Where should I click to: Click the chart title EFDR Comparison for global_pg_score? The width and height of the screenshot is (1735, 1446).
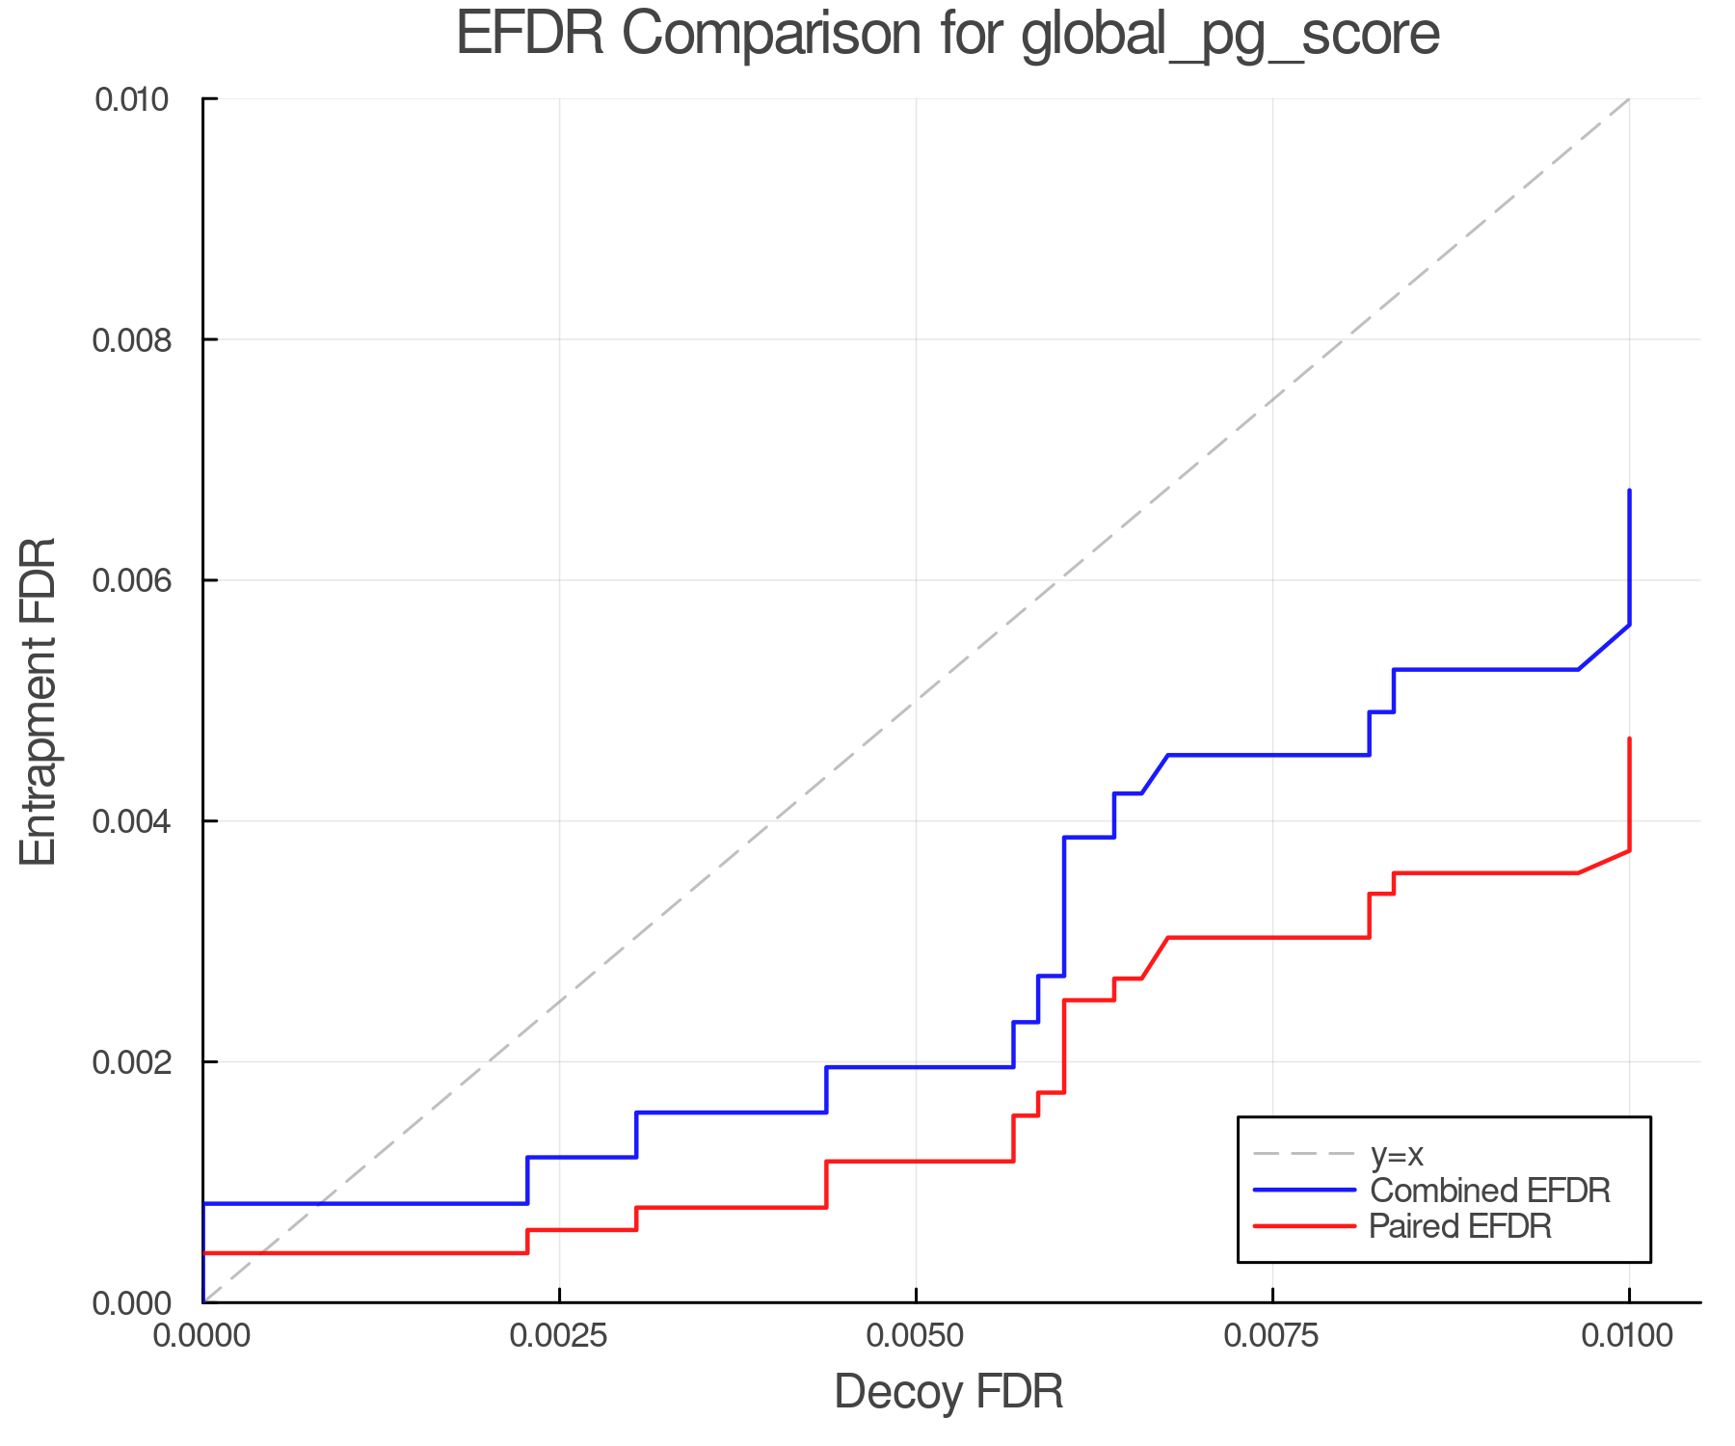point(948,35)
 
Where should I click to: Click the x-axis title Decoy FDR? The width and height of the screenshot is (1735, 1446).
point(948,1392)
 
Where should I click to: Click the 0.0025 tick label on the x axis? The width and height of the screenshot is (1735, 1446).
point(559,1336)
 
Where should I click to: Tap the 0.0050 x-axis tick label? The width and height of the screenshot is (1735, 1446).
point(916,1336)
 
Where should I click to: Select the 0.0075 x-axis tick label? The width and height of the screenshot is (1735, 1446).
point(1272,1336)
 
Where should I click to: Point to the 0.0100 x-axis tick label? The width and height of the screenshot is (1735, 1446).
point(1629,1336)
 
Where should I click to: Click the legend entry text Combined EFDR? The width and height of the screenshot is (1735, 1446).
point(1489,1191)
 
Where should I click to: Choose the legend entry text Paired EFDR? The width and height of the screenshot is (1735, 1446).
point(1460,1226)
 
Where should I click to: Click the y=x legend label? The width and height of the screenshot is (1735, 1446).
point(1397,1154)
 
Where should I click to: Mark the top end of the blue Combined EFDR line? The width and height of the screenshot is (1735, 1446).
point(1629,491)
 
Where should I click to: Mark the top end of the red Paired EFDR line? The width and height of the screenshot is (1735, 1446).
point(1629,739)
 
